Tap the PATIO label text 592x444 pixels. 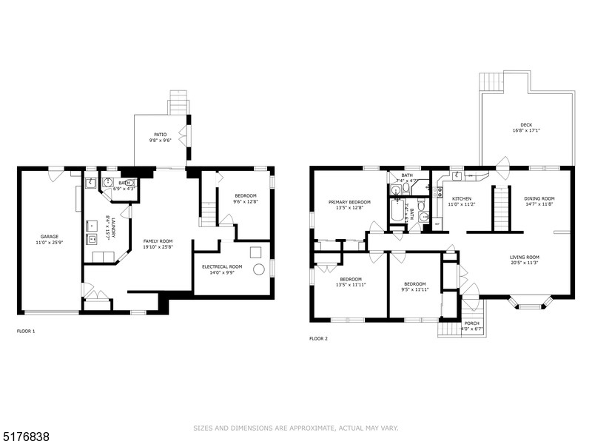pos(160,135)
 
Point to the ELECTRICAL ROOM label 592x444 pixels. pos(222,266)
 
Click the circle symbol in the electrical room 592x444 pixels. pos(259,269)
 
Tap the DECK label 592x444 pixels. pos(526,125)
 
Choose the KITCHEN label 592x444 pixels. pos(462,198)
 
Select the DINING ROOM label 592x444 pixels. pos(539,198)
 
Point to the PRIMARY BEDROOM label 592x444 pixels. pos(349,202)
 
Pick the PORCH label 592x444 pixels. pos(471,323)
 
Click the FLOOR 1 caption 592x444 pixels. pos(26,331)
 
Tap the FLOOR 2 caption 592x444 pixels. pos(318,338)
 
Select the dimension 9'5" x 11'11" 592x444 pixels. pos(414,289)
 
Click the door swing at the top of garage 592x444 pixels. pos(55,175)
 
